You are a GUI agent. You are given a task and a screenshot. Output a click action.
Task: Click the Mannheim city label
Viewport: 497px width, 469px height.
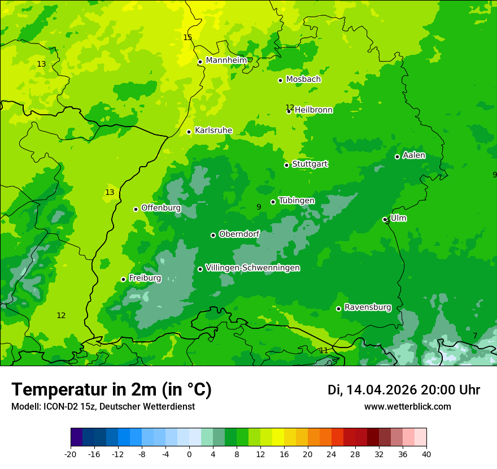[x=226, y=60]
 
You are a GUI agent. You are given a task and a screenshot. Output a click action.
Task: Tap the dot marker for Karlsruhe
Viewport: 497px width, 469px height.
[x=189, y=132]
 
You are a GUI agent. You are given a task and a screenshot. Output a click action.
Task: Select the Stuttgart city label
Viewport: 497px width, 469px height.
[x=309, y=164]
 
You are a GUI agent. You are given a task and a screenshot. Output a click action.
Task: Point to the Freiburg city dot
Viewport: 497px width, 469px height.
[x=123, y=279]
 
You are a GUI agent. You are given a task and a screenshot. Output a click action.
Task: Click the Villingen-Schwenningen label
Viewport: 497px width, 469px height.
[x=252, y=268]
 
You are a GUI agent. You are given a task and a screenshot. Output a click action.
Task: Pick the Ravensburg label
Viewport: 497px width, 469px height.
[x=368, y=307]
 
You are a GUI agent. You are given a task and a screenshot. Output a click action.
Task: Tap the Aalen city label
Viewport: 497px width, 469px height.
[x=414, y=155]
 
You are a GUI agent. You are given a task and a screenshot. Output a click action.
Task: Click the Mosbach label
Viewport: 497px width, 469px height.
[x=303, y=80]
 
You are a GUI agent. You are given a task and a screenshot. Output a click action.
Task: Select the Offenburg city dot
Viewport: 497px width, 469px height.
[x=136, y=209]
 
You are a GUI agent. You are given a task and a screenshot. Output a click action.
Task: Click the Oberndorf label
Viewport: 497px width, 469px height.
[x=239, y=234]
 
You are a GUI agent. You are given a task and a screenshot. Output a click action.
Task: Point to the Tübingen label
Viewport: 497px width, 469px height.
[x=297, y=201]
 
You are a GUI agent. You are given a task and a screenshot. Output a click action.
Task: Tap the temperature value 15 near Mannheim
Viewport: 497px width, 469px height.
[x=188, y=37]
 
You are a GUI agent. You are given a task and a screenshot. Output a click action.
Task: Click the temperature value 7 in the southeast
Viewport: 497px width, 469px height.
[x=475, y=336]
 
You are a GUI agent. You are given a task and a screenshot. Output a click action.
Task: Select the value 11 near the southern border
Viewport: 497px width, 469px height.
[x=324, y=350]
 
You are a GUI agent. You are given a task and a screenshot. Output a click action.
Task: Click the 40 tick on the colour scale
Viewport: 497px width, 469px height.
[x=426, y=454]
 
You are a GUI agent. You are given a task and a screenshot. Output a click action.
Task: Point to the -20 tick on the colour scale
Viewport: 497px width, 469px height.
[x=71, y=454]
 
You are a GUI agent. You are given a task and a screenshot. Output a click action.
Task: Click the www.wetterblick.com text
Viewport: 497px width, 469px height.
[x=407, y=406]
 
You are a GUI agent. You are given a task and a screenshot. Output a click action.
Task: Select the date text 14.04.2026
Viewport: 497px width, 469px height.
[x=381, y=390]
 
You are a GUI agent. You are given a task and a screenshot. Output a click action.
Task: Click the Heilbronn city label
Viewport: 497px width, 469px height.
[x=313, y=110]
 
